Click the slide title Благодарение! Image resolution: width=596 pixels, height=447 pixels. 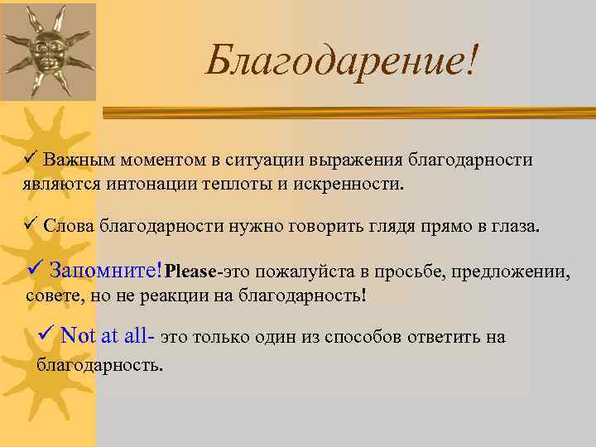point(342,60)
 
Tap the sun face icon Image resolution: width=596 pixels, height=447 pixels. point(49,51)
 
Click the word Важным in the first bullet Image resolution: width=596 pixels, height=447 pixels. point(75,159)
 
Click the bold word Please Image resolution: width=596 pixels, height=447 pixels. point(191,271)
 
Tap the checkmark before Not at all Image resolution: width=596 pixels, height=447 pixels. point(46,335)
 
